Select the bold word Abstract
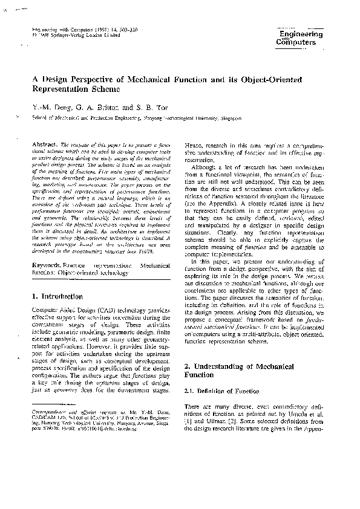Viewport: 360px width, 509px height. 45,146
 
